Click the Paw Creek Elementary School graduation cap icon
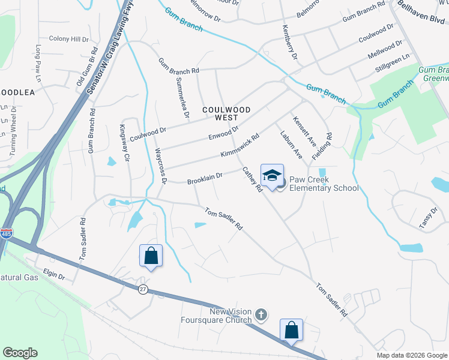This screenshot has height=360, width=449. point(272,175)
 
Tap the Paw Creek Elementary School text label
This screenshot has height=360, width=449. point(324,184)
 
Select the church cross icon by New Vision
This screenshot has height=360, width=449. point(261,314)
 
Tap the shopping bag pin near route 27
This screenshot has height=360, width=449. point(151,256)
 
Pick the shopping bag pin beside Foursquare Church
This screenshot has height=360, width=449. point(291,329)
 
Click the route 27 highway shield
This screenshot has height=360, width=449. point(143,289)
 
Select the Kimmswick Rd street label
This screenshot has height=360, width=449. point(240,146)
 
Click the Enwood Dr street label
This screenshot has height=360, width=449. point(224,131)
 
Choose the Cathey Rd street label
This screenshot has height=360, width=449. point(252,179)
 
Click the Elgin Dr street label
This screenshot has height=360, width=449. point(53,275)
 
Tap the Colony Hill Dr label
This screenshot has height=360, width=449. point(68,39)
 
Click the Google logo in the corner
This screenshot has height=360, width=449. point(20,353)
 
